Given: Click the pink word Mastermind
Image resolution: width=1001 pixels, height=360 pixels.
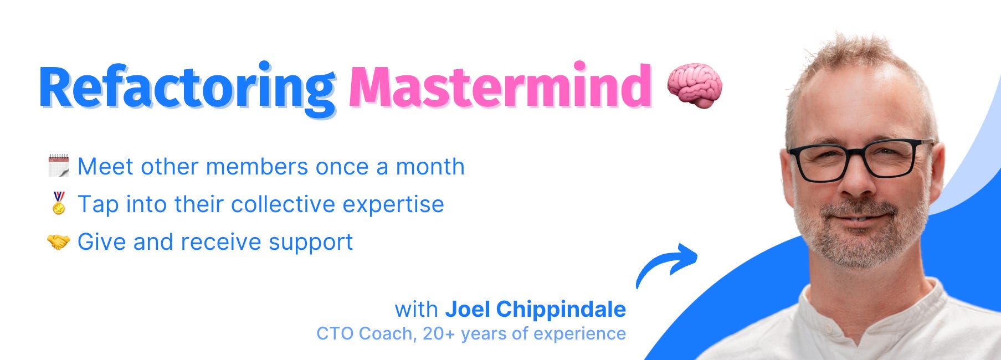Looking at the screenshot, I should [500, 87].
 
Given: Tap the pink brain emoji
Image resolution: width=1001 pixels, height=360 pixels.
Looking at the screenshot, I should [694, 85].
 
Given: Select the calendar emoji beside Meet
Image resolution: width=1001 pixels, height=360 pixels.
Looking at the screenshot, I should [59, 166].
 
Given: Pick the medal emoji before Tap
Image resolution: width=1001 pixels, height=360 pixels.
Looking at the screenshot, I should [59, 203].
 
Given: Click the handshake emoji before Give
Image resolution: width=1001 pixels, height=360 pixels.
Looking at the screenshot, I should [58, 241].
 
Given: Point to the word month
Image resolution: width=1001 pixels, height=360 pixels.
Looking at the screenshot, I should [430, 167].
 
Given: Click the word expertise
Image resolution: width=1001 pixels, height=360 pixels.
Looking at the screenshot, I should [393, 205].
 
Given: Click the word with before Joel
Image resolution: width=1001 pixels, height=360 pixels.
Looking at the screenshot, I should [416, 309].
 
